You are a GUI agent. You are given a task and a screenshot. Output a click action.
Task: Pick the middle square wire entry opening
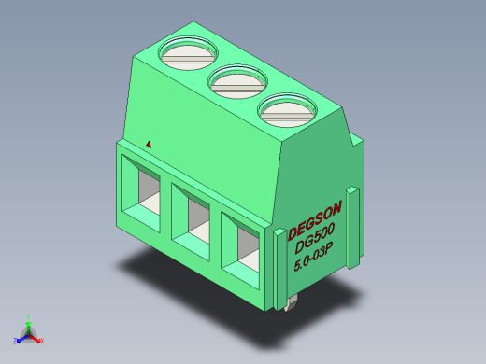(194, 221)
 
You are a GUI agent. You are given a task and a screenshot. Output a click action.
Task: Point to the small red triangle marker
(149, 144)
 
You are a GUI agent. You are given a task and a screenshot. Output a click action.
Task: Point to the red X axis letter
(41, 341)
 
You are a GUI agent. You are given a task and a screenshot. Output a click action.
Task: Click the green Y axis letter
(29, 316)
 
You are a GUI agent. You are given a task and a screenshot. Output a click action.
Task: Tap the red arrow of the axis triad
(36, 337)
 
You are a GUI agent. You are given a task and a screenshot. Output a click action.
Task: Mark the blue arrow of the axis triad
(21, 337)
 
